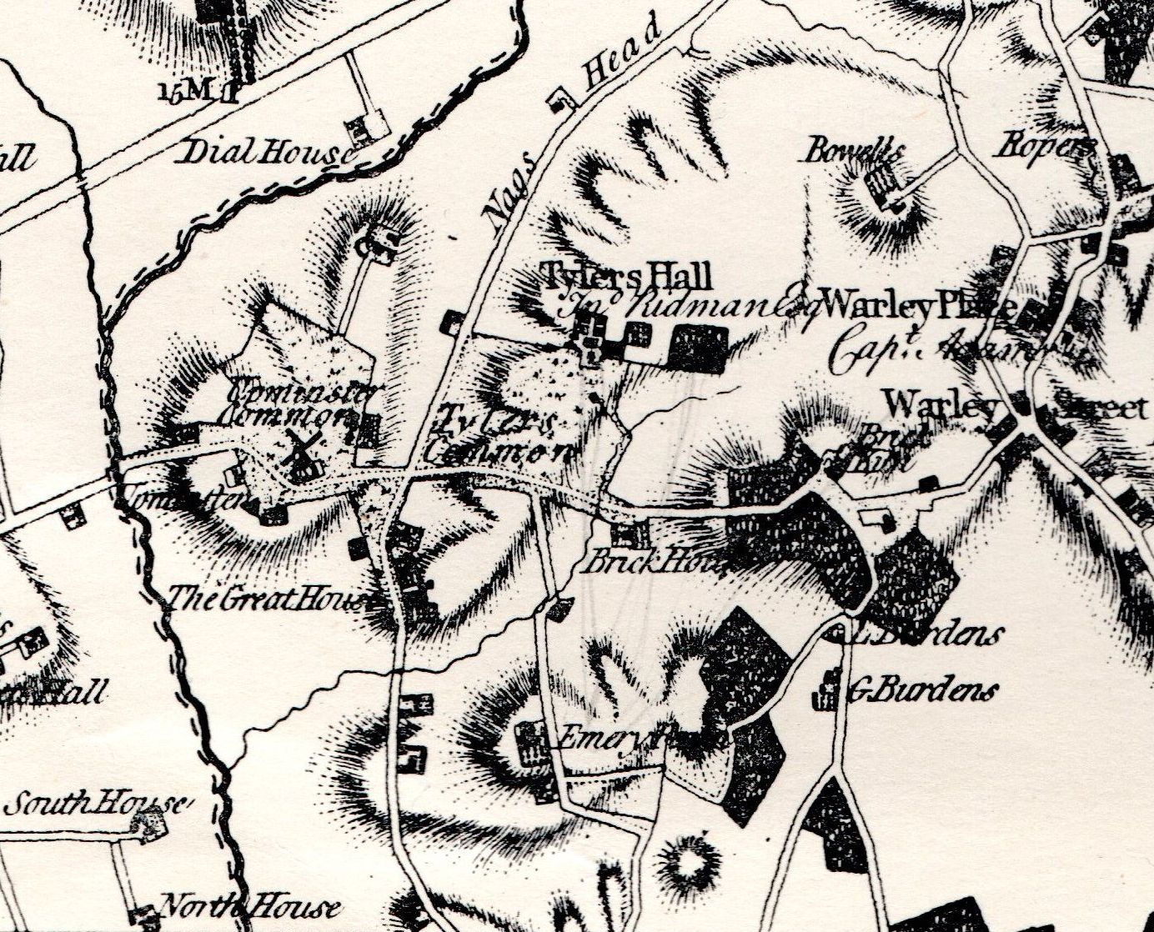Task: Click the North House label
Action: pyautogui.click(x=249, y=907)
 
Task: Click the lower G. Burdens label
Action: pyautogui.click(x=921, y=691)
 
